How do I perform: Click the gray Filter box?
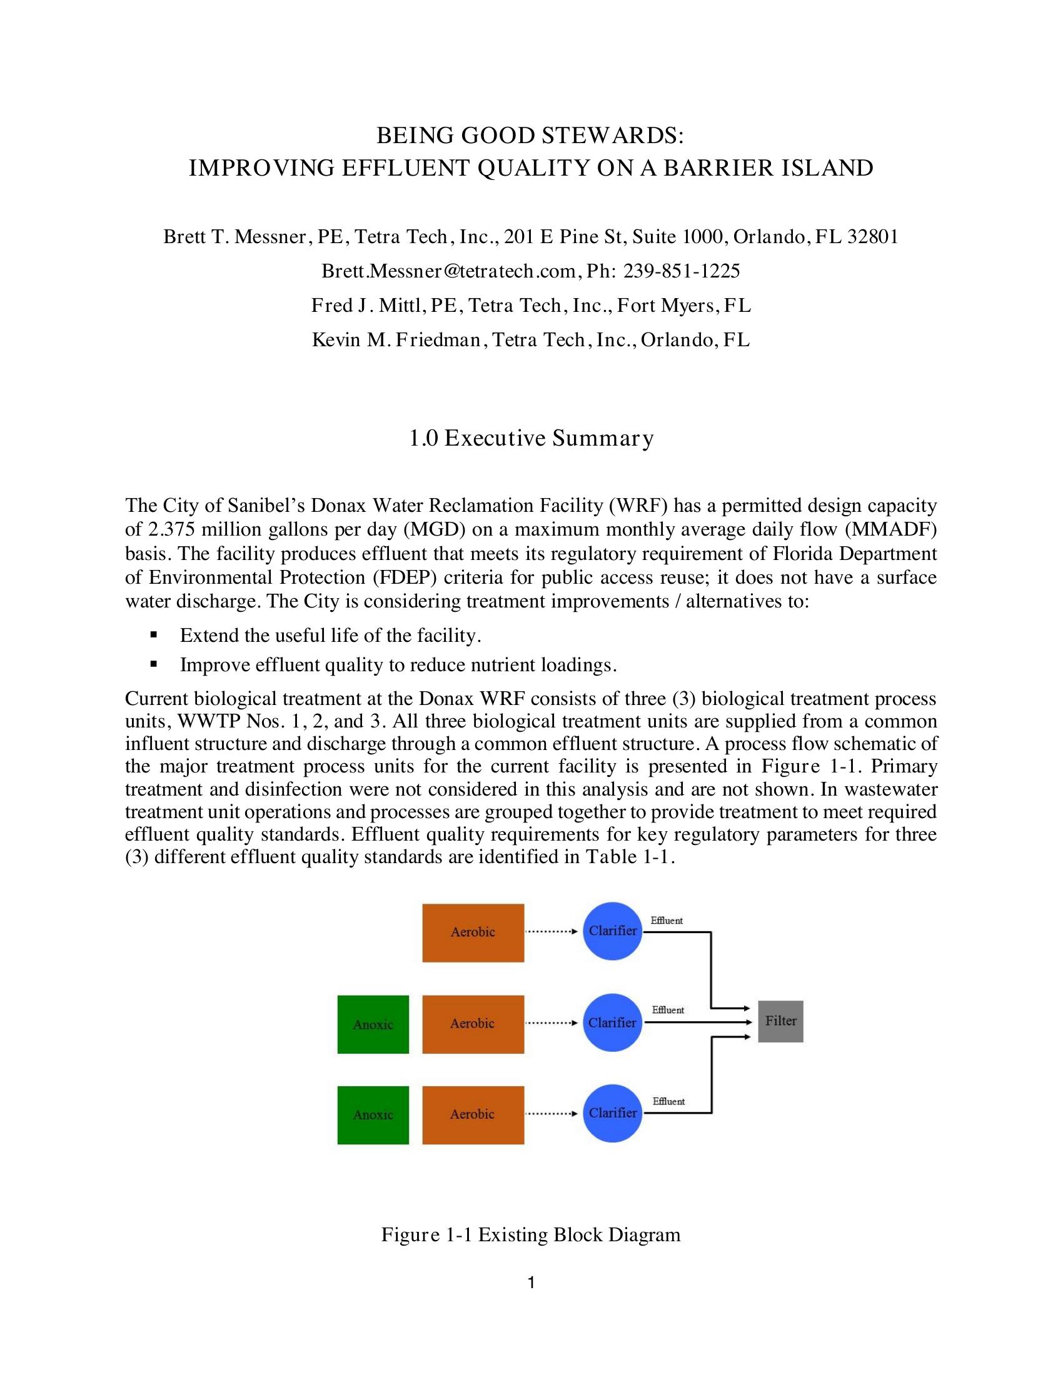coord(780,1021)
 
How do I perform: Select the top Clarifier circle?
coord(612,931)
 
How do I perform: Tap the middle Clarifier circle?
coord(612,1022)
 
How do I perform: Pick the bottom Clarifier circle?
coord(612,1112)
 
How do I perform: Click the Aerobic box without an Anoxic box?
coord(473,932)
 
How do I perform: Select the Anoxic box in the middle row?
coord(373,1024)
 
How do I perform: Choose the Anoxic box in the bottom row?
coord(373,1114)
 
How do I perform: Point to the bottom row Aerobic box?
coord(473,1114)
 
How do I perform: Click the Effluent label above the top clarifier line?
coord(667,921)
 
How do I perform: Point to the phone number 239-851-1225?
coord(682,271)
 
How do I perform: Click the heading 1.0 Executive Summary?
coord(531,438)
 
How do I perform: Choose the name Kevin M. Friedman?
coord(396,340)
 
